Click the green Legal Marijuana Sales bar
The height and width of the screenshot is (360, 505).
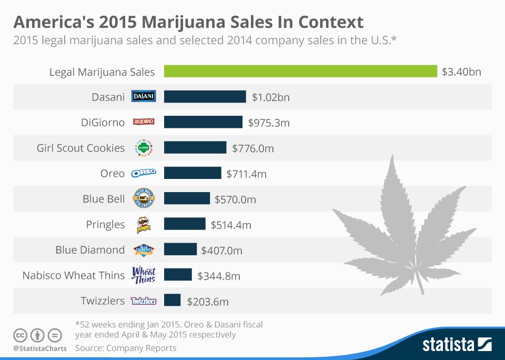point(300,71)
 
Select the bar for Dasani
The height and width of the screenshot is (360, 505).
point(205,97)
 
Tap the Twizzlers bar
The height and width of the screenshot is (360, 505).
point(173,300)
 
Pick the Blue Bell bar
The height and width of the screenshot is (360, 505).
point(187,198)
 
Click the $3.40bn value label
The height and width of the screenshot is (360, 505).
point(461,72)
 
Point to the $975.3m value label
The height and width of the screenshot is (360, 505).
point(269,123)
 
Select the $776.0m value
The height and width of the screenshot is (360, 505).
point(253,148)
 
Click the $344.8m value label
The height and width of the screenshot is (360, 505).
point(219,276)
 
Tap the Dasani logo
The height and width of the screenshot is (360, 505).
point(144,96)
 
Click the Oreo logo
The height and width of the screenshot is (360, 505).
point(144,173)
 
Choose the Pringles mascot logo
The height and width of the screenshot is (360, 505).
point(144,225)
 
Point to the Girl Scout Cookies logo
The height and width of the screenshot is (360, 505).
point(144,148)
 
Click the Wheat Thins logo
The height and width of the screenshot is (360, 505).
point(144,275)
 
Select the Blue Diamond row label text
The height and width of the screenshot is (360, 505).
point(90,250)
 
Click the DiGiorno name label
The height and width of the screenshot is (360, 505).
point(103,123)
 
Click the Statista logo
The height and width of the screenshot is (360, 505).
point(457,344)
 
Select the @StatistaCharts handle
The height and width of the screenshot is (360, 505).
point(40,348)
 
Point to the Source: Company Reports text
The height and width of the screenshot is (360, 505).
point(126,348)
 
